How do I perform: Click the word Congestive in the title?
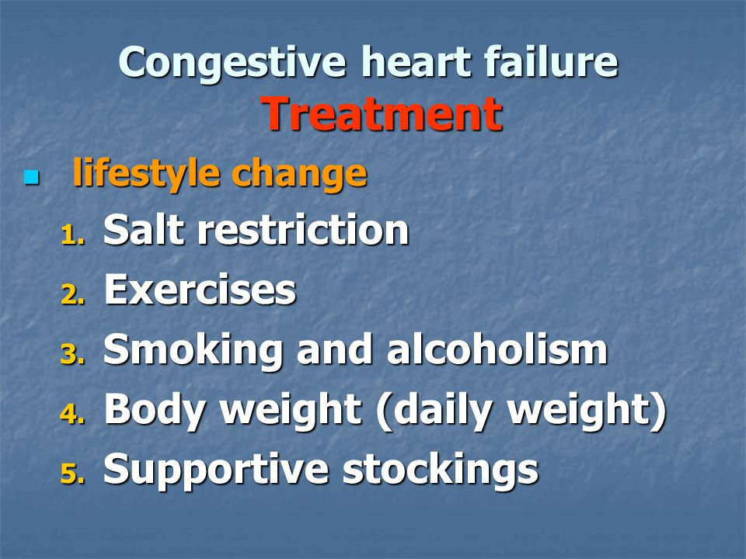[232, 63]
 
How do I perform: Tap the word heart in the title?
[416, 61]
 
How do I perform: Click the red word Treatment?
[382, 113]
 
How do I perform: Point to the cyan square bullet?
[31, 177]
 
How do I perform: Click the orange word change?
[299, 173]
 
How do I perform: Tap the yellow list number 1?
[73, 234]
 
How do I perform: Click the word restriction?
[303, 229]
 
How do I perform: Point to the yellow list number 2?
[73, 294]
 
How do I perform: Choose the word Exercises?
[200, 289]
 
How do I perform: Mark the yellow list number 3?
[73, 354]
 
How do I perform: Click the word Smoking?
[193, 351]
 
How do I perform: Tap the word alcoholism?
[497, 349]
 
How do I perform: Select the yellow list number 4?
[73, 414]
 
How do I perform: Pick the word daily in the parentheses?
[442, 410]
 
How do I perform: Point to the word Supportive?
[216, 470]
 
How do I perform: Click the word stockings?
[440, 470]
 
